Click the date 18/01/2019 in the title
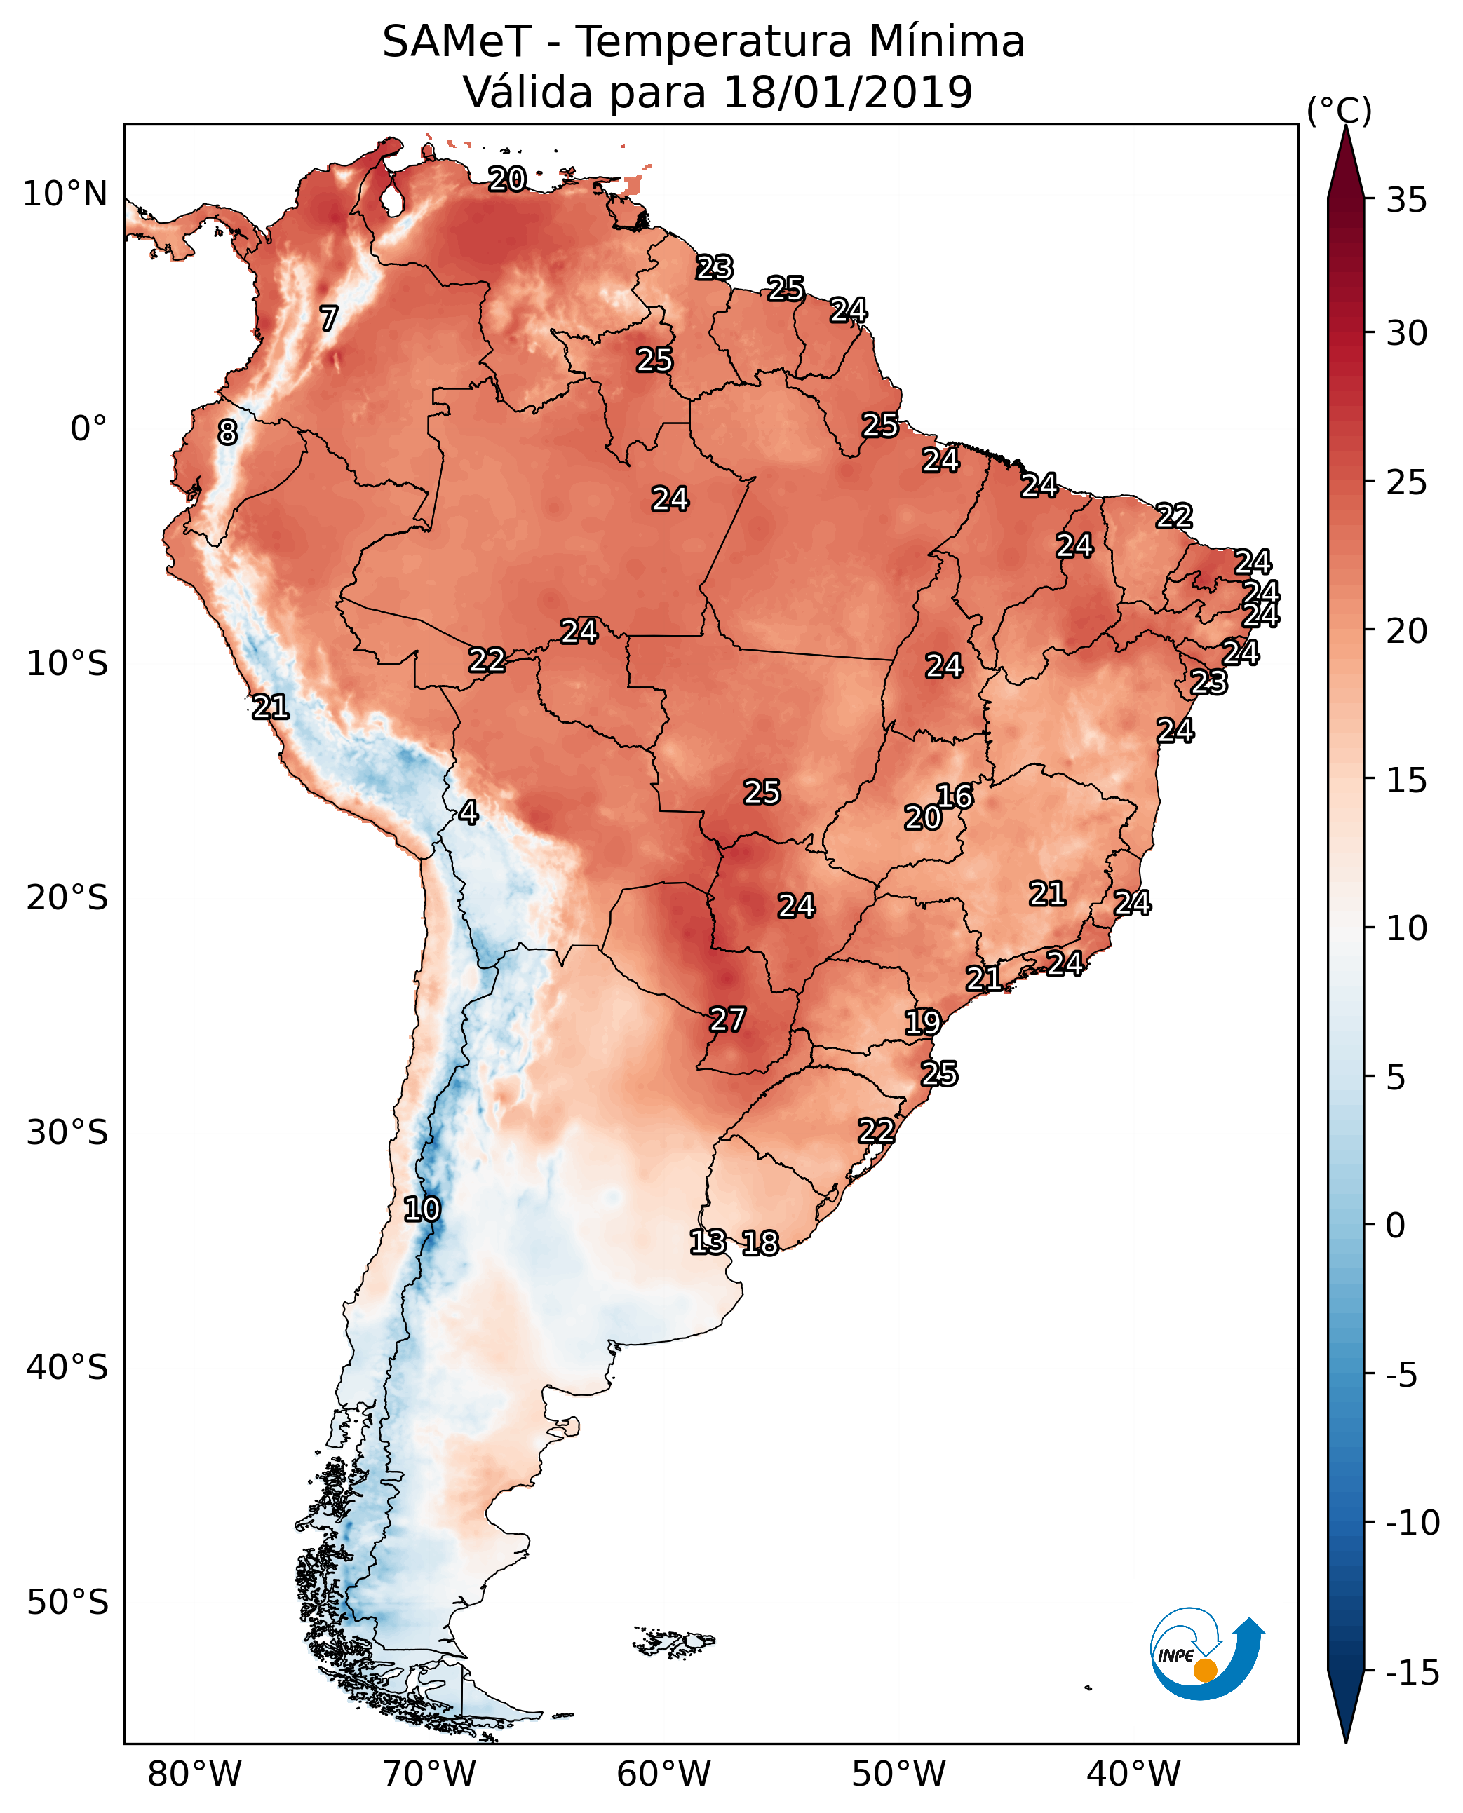point(848,92)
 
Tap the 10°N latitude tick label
point(65,195)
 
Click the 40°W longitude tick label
point(1133,1774)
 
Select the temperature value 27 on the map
point(727,1020)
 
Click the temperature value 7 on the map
point(329,318)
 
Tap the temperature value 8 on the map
point(227,433)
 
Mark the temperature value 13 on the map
point(708,1242)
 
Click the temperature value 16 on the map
point(955,796)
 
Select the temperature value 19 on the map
point(923,1023)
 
